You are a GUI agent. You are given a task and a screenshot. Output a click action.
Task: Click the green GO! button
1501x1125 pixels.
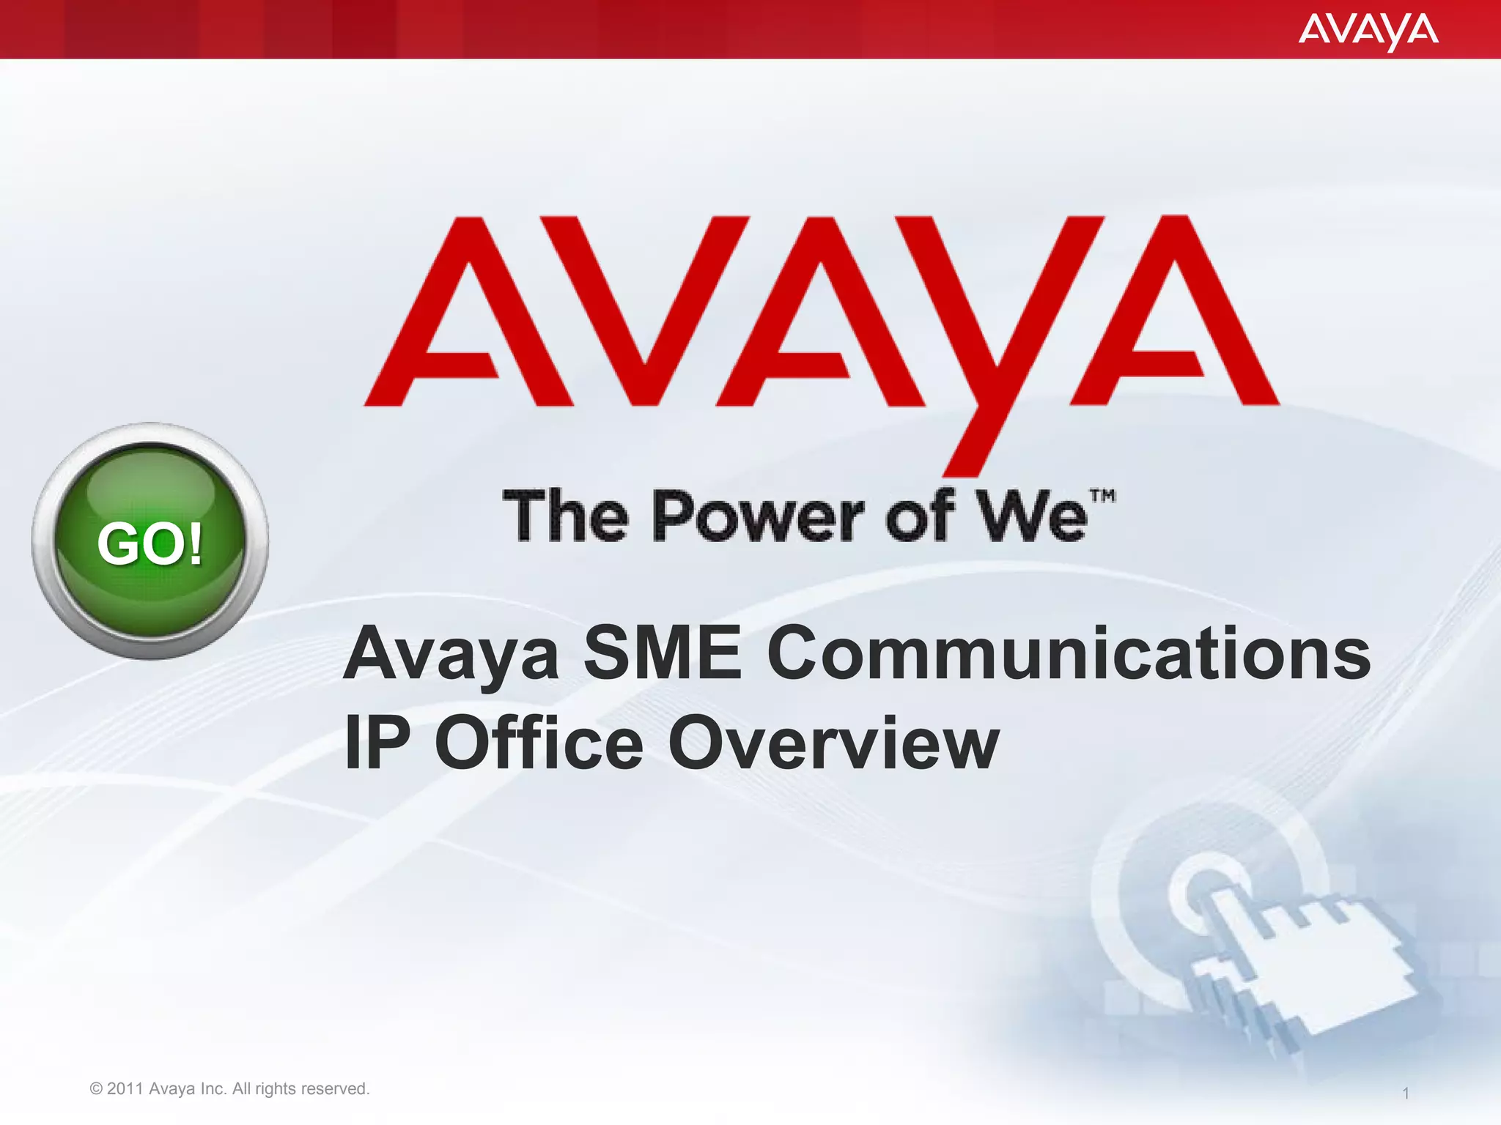[x=150, y=541]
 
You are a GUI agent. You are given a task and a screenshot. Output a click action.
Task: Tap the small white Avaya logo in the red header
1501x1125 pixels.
[x=1368, y=31]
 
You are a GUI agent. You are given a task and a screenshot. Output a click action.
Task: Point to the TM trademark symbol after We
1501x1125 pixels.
[x=1102, y=496]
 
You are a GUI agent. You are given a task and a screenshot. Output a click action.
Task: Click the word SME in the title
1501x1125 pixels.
[x=662, y=653]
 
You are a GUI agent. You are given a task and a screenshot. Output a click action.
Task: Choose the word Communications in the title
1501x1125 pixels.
[x=1069, y=653]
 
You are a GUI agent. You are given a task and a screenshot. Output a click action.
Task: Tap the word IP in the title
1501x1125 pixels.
[x=377, y=743]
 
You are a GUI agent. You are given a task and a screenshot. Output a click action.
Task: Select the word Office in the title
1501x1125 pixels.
[x=539, y=743]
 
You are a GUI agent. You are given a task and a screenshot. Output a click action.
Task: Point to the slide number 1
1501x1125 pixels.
[x=1405, y=1094]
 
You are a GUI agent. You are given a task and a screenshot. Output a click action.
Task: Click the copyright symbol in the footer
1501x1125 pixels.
[x=96, y=1089]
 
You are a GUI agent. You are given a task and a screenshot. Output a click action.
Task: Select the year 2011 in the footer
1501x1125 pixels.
[x=125, y=1089]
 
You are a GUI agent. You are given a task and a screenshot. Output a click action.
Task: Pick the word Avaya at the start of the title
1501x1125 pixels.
[x=451, y=653]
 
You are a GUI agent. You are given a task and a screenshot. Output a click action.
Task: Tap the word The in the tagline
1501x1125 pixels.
[x=565, y=516]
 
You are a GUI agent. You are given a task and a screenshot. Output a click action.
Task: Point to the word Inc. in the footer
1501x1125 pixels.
[x=213, y=1089]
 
